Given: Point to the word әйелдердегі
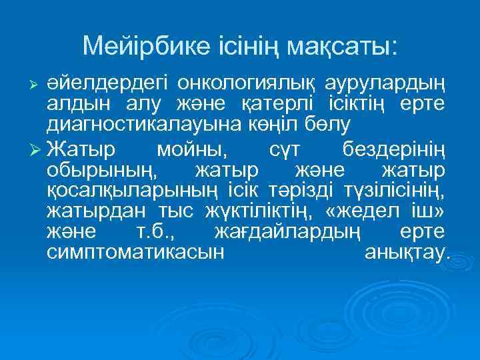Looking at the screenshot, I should (106, 83).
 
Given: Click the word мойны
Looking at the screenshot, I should (196, 147).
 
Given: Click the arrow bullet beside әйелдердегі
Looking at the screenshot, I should (37, 84).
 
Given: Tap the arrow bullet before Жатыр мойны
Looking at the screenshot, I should (37, 147).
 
